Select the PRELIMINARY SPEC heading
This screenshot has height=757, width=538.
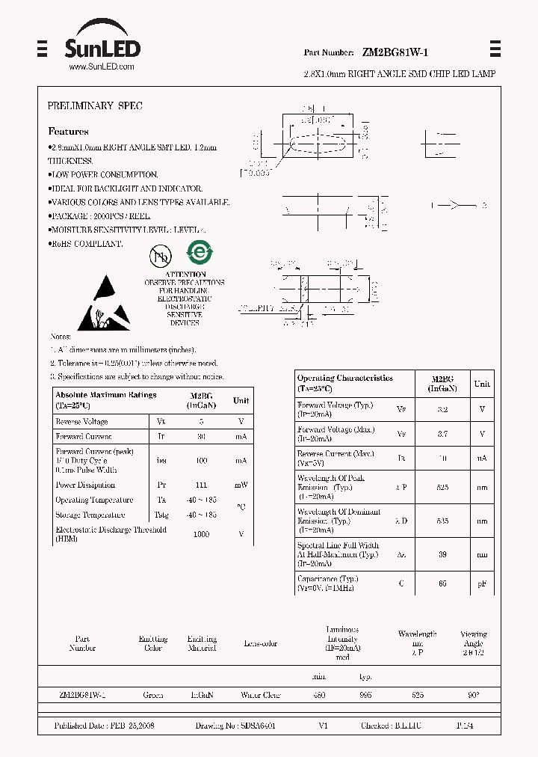pos(94,106)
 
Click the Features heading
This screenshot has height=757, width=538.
pos(68,131)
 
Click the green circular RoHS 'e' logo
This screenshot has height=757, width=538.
pos(199,252)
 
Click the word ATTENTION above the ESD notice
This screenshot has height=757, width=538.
pos(185,275)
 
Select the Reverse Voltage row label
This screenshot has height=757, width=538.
pos(81,422)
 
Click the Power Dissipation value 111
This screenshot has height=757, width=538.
pos(202,485)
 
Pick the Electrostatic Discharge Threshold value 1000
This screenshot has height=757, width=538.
pos(202,534)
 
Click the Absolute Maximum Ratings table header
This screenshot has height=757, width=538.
pos(105,399)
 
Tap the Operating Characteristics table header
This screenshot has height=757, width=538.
pos(344,382)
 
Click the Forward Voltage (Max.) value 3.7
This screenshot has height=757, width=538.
pos(442,434)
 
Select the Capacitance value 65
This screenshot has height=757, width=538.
pos(442,583)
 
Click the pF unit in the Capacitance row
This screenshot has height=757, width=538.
pos(482,583)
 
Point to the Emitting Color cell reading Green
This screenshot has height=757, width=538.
pos(152,695)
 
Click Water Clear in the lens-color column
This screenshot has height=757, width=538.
pos(260,695)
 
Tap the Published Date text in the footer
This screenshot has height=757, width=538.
pos(104,726)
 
